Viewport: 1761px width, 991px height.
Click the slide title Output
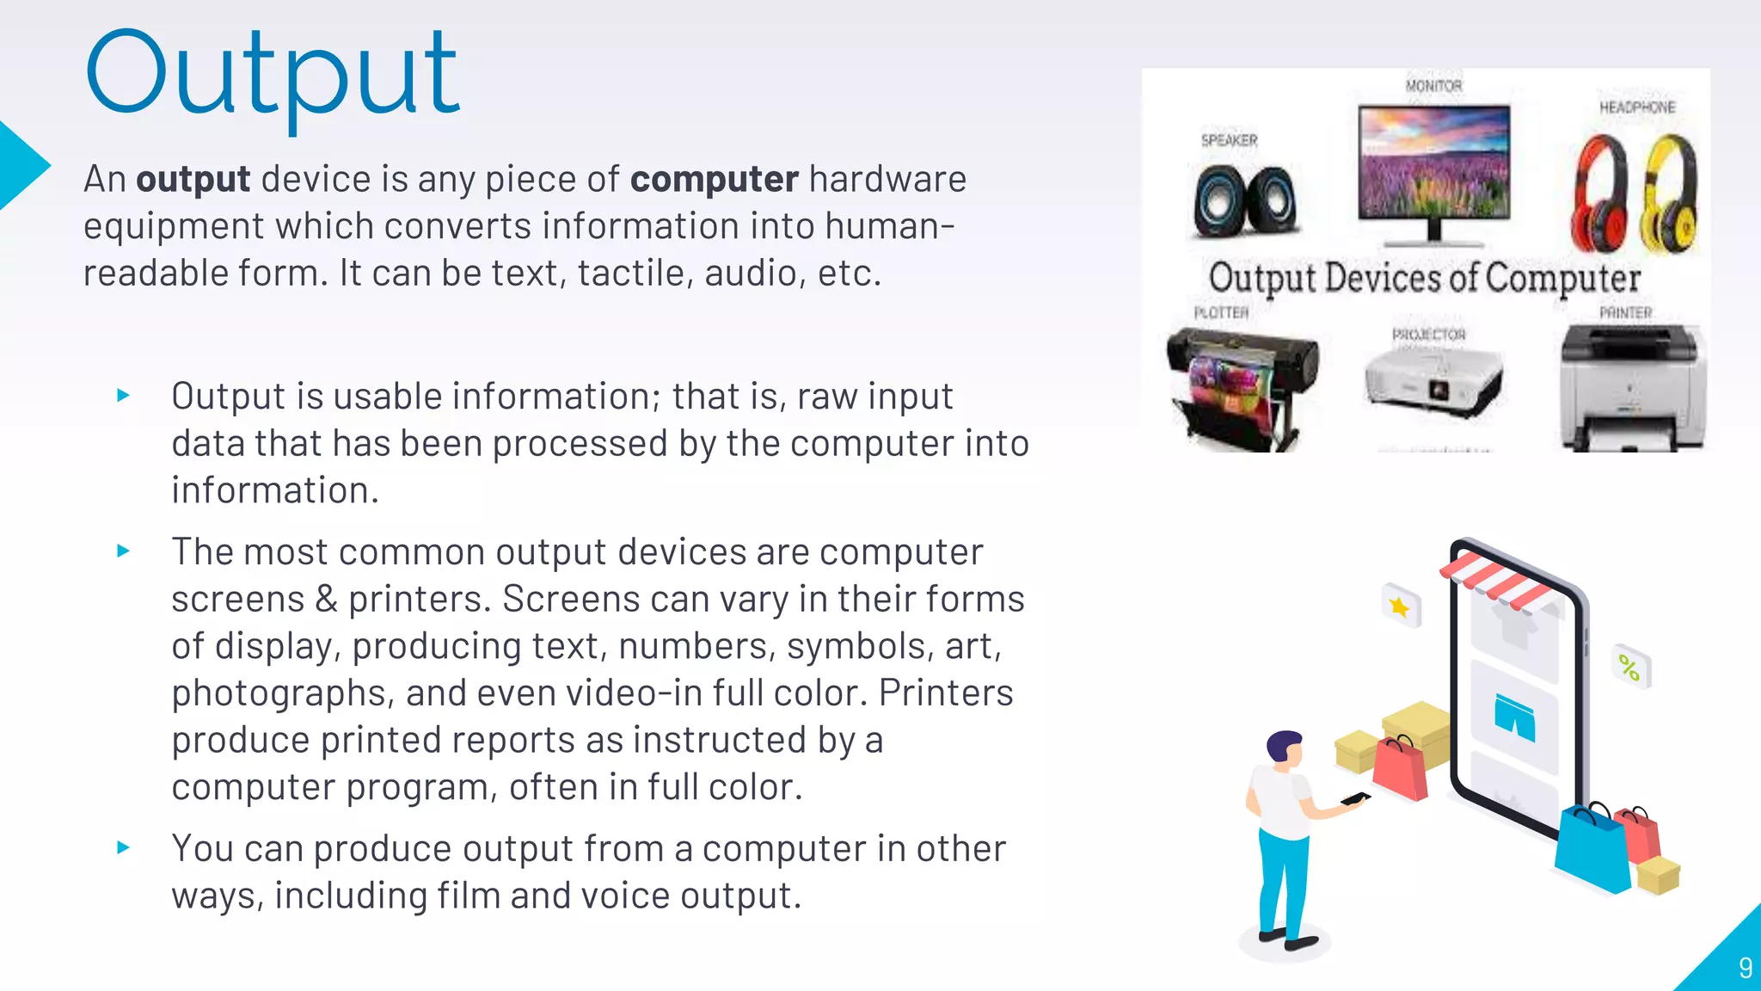coord(273,76)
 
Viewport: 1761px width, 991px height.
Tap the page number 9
coord(1745,968)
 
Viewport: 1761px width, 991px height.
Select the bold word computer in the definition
coord(714,180)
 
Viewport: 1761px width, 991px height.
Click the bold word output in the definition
coord(193,180)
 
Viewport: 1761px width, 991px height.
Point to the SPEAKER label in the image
coord(1229,140)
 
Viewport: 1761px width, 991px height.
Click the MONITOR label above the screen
coord(1433,86)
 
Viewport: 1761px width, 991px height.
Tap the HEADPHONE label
coord(1637,108)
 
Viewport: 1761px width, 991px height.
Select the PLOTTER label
coord(1221,313)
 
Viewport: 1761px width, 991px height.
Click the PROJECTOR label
coord(1428,335)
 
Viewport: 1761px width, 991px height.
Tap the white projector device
coord(1433,383)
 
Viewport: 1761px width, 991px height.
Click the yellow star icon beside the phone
coord(1400,607)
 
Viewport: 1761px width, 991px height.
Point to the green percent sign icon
coord(1629,668)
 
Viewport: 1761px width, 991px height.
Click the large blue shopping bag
coord(1593,850)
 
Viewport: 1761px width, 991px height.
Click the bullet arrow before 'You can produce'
coord(124,848)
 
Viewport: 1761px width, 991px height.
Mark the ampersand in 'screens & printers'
coord(326,600)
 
